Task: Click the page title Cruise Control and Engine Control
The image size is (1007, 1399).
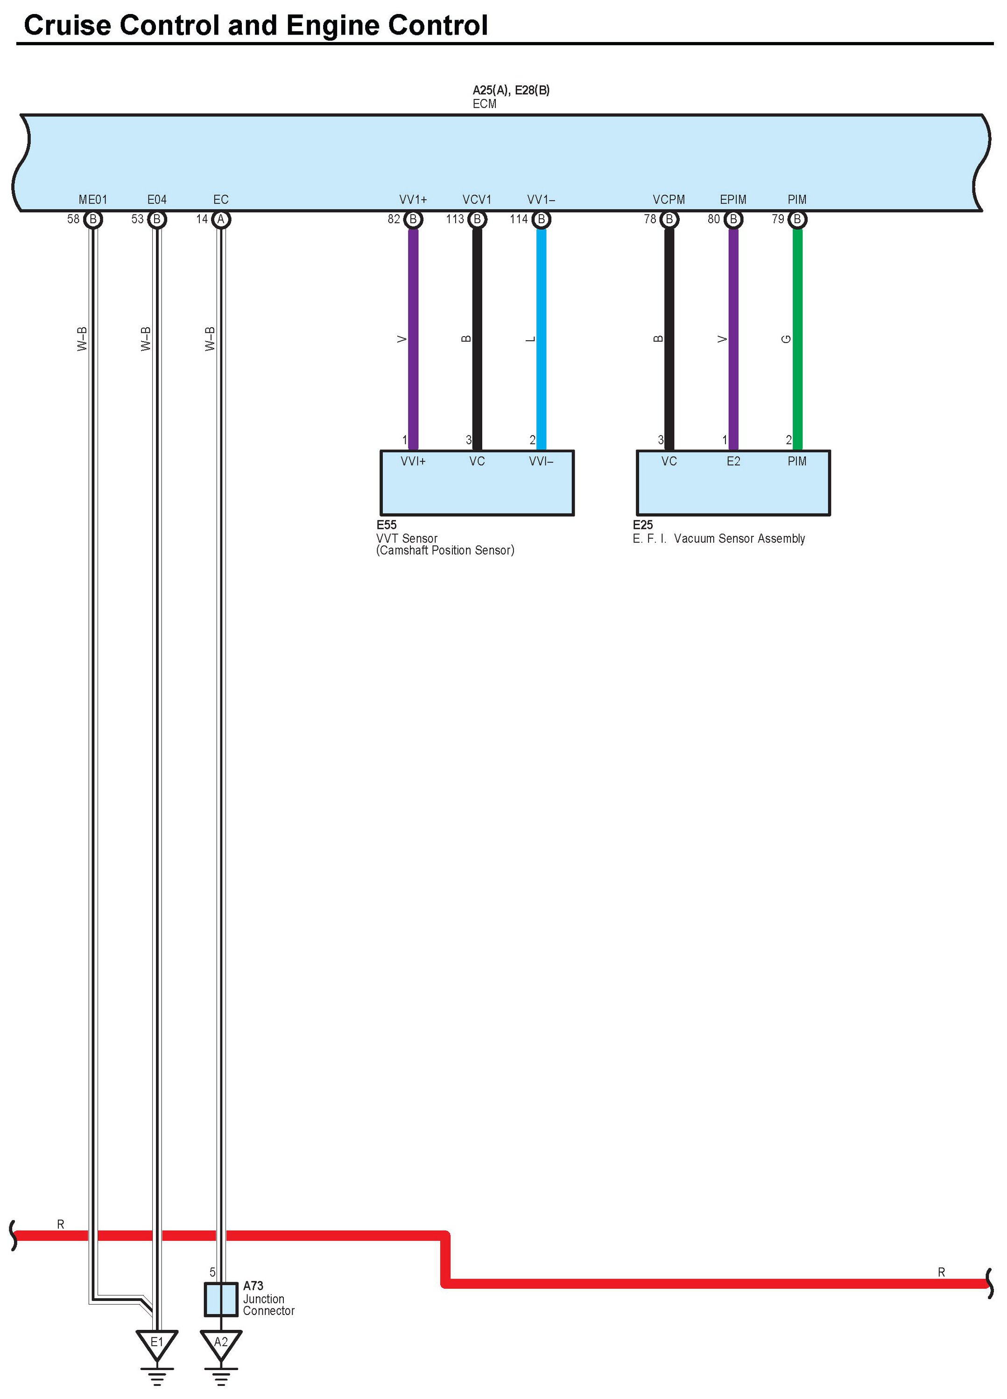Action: [x=255, y=25]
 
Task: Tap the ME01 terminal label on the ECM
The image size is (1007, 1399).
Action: [x=92, y=199]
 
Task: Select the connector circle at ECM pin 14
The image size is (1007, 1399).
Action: [x=221, y=219]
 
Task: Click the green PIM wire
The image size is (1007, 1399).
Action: [x=797, y=339]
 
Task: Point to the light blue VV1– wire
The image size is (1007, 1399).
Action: [x=541, y=339]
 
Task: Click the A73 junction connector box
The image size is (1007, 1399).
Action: [x=221, y=1300]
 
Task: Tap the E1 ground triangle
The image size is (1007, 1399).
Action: [x=157, y=1343]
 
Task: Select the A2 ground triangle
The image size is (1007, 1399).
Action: [x=221, y=1343]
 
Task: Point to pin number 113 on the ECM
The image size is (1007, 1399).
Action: [x=455, y=219]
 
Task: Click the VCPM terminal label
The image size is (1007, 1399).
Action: [x=669, y=199]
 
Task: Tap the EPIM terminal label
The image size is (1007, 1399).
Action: [x=733, y=199]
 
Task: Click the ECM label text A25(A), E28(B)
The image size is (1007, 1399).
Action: [x=511, y=90]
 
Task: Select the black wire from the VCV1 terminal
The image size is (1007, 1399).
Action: [x=477, y=339]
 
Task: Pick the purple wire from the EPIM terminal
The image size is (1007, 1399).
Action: [x=733, y=339]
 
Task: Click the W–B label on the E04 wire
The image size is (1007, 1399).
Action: [x=146, y=339]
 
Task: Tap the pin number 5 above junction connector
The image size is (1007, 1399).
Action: [x=212, y=1272]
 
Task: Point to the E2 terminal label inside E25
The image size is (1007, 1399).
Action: [x=733, y=461]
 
